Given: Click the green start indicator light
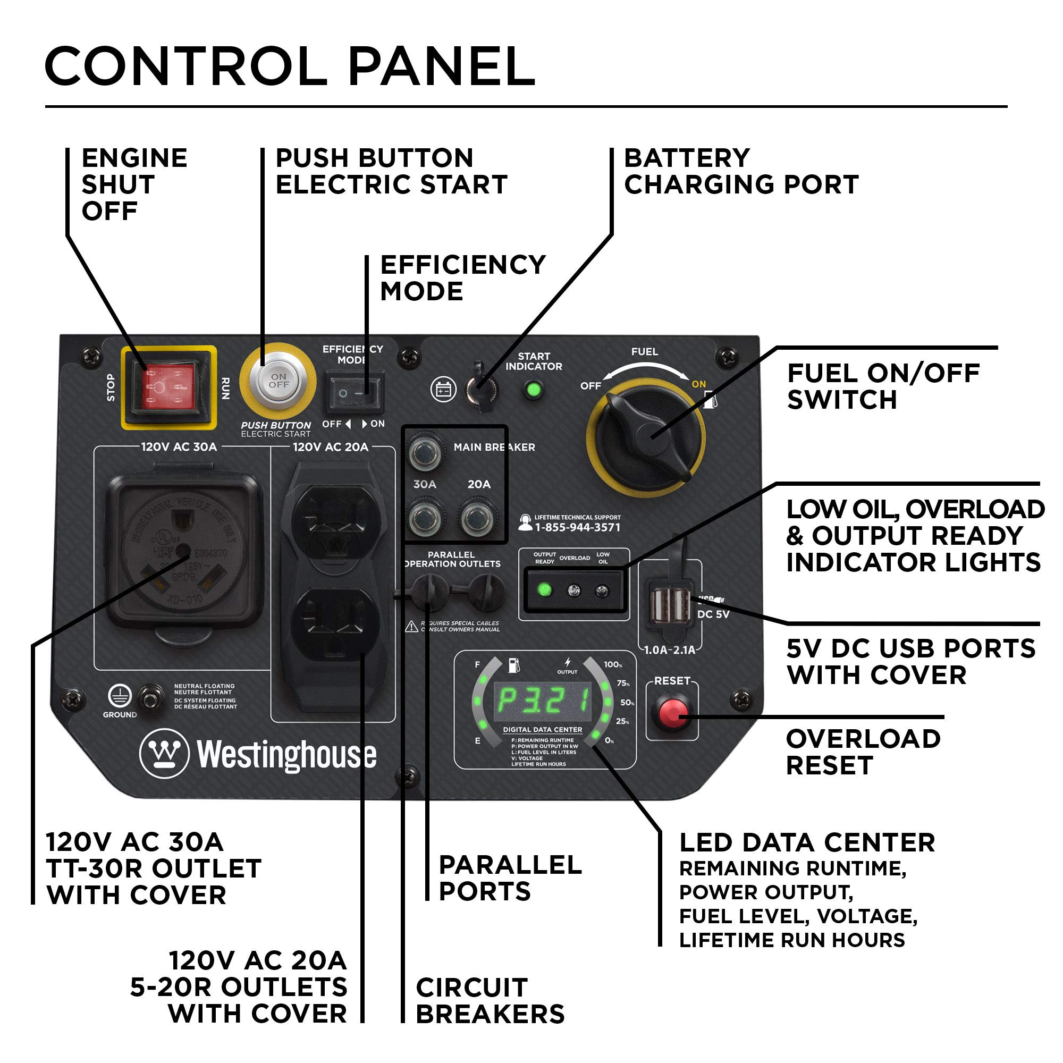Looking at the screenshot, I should pyautogui.click(x=533, y=390).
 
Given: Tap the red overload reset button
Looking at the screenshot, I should pyautogui.click(x=672, y=713).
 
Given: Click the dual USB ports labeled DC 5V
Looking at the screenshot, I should pyautogui.click(x=671, y=604).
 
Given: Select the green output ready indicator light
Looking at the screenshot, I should pyautogui.click(x=544, y=590).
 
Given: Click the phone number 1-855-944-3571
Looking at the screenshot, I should pyautogui.click(x=577, y=527).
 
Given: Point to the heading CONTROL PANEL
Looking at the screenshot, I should pyautogui.click(x=290, y=67).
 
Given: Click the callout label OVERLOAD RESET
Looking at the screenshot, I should pyautogui.click(x=862, y=752).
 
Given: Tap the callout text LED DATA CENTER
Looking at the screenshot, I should pyautogui.click(x=807, y=843).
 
